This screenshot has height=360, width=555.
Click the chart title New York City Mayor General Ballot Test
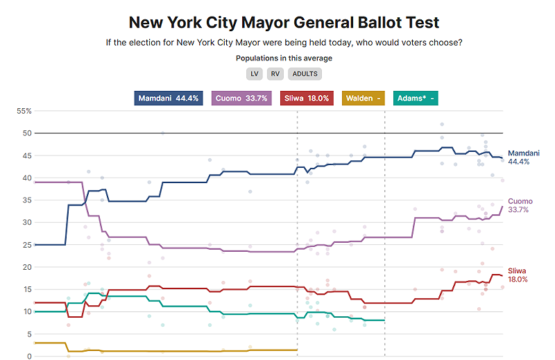[x=284, y=22]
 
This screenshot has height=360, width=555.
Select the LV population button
[x=254, y=74]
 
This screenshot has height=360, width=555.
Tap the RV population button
[x=275, y=74]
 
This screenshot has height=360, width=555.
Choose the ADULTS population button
[x=305, y=74]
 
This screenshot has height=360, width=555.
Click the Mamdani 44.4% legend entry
[x=169, y=98]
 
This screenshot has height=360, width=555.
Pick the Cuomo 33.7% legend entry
[x=241, y=98]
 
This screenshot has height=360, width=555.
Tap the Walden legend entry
[x=363, y=98]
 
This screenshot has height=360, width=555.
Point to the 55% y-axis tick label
[x=24, y=111]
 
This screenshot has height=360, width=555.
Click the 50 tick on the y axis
[x=28, y=133]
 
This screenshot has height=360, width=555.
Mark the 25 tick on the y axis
[x=28, y=245]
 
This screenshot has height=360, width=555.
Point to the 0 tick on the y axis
[x=30, y=357]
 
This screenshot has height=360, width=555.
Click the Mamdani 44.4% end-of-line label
[x=523, y=157]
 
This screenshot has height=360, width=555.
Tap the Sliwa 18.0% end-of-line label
[x=518, y=275]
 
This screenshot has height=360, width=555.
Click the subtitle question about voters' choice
[x=284, y=43]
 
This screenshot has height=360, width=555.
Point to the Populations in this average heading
[x=284, y=58]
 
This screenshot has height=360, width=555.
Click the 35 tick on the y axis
[x=28, y=200]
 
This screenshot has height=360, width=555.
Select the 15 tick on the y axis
[x=28, y=289]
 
